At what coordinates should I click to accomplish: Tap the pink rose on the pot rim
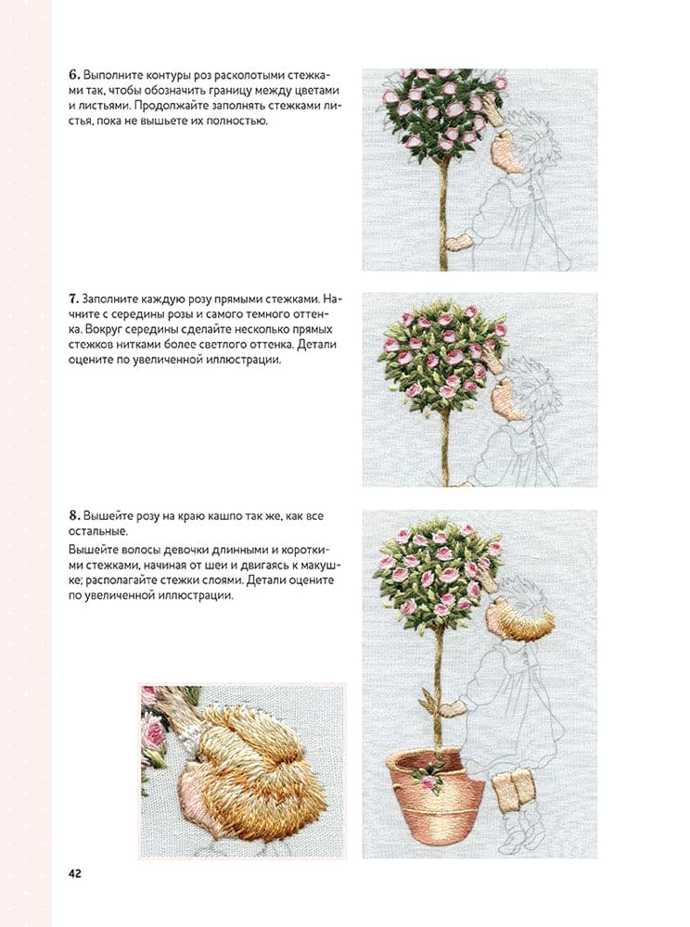(x=428, y=782)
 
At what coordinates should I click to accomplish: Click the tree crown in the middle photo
(x=443, y=352)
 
